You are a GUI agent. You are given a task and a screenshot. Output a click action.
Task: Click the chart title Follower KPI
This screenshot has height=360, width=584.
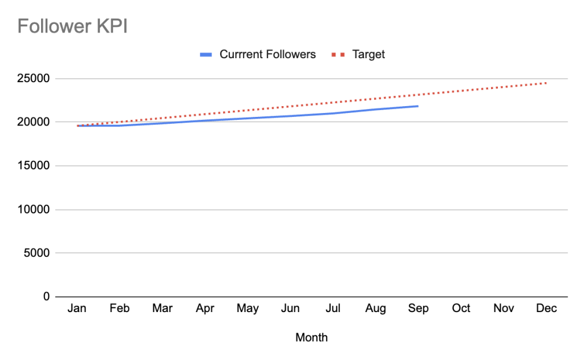[x=72, y=26]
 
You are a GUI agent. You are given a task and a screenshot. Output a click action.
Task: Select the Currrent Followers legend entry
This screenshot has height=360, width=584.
[x=267, y=55]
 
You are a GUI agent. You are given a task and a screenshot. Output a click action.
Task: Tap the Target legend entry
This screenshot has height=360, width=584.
[x=368, y=55]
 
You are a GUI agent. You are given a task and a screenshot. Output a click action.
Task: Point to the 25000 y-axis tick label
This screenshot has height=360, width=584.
[x=34, y=79]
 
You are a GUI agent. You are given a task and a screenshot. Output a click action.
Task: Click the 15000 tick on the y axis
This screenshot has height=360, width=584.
[x=34, y=166]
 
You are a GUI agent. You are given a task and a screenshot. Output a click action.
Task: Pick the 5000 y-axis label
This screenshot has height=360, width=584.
[x=36, y=253]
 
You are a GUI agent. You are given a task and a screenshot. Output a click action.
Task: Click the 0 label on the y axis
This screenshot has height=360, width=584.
[x=46, y=297]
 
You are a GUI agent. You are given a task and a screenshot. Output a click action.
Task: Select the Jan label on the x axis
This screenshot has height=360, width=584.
[x=77, y=309]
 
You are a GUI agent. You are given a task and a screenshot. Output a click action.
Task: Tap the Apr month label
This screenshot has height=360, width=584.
[x=205, y=309]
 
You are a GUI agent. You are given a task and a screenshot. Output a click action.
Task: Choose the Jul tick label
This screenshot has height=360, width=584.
[x=333, y=309]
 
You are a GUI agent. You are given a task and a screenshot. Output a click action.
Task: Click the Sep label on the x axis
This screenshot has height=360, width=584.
[x=419, y=309]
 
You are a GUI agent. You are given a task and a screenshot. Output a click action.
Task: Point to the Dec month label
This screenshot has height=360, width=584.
[x=546, y=309]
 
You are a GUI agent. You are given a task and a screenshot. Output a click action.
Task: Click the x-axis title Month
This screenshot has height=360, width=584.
[x=311, y=338]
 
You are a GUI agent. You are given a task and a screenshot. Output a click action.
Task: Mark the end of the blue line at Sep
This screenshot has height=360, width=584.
[x=418, y=106]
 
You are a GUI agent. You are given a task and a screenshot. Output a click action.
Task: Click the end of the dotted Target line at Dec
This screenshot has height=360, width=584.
[x=546, y=83]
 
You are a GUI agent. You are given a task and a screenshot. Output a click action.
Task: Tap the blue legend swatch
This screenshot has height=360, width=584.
[x=206, y=55]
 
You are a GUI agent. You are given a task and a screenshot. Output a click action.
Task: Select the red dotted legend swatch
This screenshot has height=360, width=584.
[x=338, y=55]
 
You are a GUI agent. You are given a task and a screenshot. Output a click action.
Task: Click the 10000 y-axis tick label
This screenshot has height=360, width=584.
[x=34, y=209]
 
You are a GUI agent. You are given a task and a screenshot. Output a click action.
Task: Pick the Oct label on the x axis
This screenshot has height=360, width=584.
[x=461, y=309]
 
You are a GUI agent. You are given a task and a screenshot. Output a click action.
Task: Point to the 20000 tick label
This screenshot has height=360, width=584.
[x=34, y=122]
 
